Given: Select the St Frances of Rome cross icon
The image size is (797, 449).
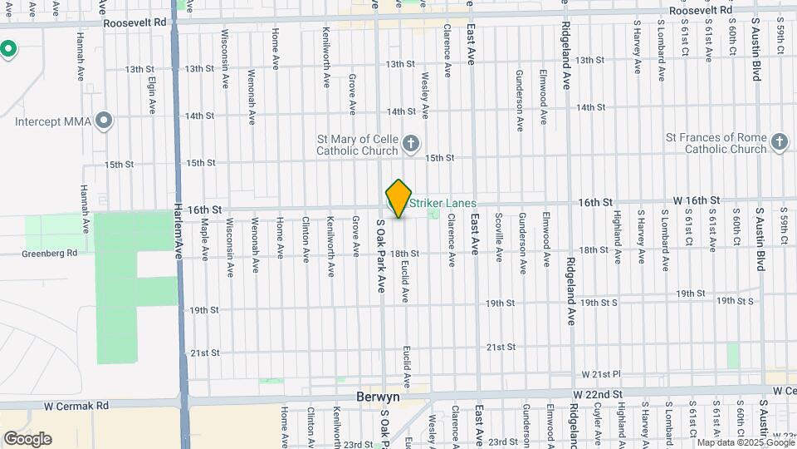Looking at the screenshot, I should pyautogui.click(x=779, y=142).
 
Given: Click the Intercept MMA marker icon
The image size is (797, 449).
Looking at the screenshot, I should pyautogui.click(x=104, y=122).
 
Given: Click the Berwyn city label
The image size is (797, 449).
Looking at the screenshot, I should pyautogui.click(x=379, y=397).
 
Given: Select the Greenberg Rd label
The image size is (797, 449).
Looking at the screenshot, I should pyautogui.click(x=50, y=254).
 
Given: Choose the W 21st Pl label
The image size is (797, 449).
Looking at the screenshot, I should pyautogui.click(x=601, y=375).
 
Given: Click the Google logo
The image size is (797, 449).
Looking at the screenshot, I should pyautogui.click(x=27, y=438).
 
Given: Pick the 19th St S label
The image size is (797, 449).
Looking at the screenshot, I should pyautogui.click(x=734, y=300).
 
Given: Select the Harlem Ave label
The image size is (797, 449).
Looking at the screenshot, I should pyautogui.click(x=178, y=234).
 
